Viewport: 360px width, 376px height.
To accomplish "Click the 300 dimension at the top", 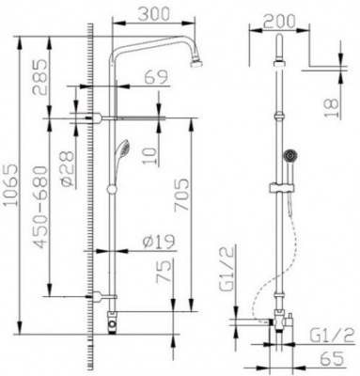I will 157,14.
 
